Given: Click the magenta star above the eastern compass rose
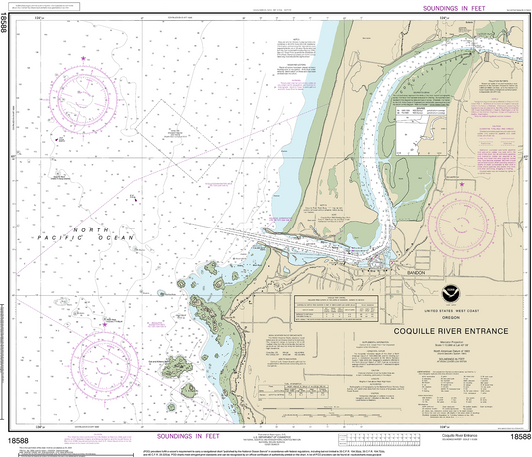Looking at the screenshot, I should pyautogui.click(x=460, y=185).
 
